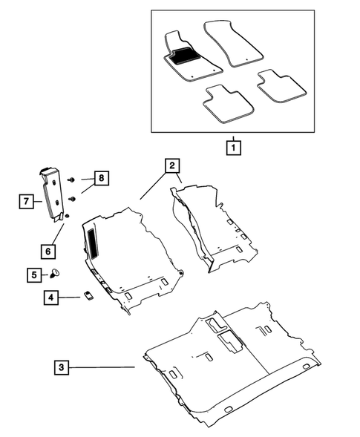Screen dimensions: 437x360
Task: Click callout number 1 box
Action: click(x=233, y=147)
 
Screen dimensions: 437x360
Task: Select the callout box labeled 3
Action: click(x=62, y=367)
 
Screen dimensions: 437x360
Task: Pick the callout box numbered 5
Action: click(x=36, y=275)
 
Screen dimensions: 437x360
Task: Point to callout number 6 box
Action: click(x=48, y=251)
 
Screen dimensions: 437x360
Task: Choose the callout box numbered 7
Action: click(x=27, y=200)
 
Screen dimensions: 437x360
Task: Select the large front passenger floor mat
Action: click(x=232, y=43)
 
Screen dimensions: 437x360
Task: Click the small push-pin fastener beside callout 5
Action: click(x=55, y=274)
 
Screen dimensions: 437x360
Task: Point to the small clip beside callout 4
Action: click(x=87, y=295)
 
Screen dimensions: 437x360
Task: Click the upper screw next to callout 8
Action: click(x=71, y=180)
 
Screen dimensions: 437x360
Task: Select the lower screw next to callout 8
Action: click(x=73, y=199)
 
